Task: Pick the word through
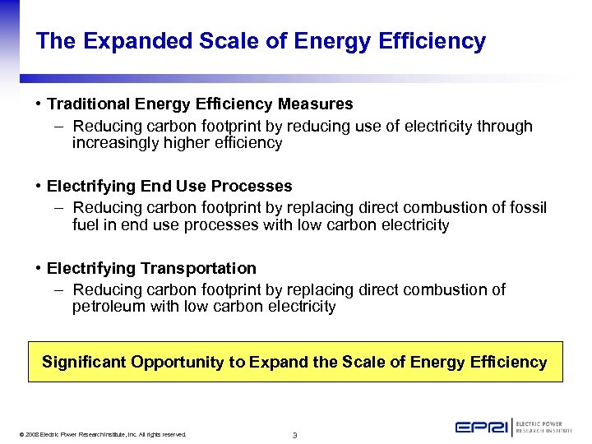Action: [503, 127]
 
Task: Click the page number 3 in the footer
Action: [295, 435]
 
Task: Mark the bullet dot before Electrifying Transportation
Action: [39, 269]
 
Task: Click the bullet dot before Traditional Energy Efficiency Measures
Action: [39, 104]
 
